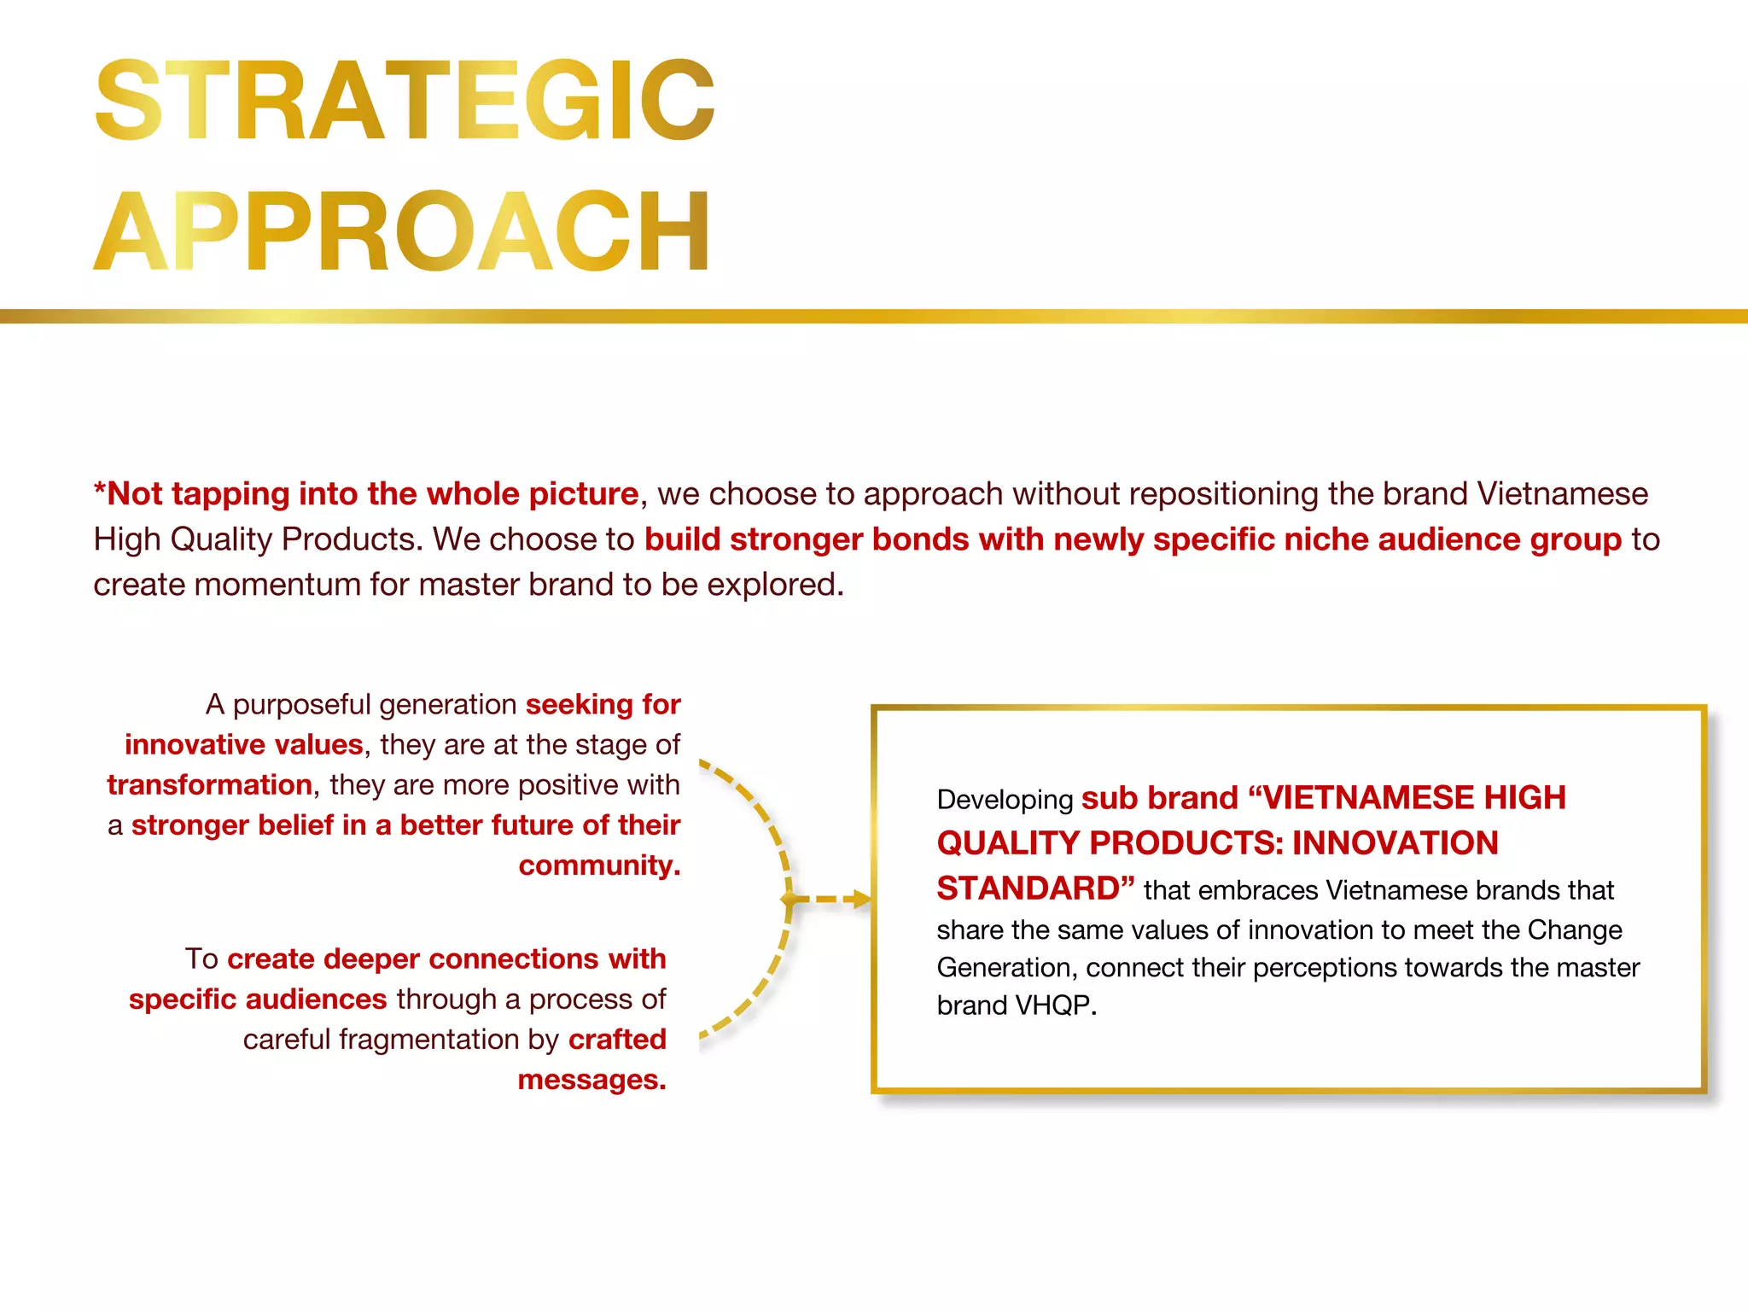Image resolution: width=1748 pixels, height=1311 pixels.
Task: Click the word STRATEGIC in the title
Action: pyautogui.click(x=404, y=100)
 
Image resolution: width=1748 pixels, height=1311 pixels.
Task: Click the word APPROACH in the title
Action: pyautogui.click(x=401, y=231)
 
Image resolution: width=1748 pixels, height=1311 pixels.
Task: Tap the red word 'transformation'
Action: pyautogui.click(x=209, y=784)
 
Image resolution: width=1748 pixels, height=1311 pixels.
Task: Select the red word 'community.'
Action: pyautogui.click(x=599, y=865)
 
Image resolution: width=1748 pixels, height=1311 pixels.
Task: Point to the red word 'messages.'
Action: pyautogui.click(x=591, y=1080)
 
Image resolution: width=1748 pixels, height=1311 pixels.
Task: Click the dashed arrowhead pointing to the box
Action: pyautogui.click(x=861, y=899)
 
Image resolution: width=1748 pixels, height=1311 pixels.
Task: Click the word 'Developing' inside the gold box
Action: pyautogui.click(x=1004, y=800)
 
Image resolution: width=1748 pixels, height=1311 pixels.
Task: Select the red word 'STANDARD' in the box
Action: pyautogui.click(x=1028, y=889)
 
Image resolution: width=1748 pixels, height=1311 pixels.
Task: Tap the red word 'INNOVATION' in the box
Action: pyautogui.click(x=1395, y=843)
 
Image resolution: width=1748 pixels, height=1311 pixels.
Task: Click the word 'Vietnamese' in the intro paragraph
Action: pyautogui.click(x=1562, y=494)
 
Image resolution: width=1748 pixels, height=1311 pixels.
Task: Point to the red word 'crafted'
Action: pyautogui.click(x=617, y=1040)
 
